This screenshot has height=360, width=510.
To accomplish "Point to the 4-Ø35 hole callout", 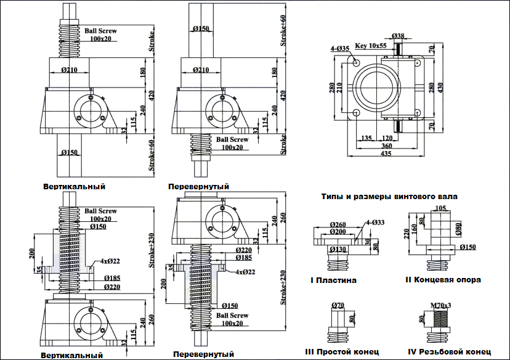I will click(339, 47).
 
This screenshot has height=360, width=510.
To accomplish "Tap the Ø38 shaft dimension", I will click(398, 36).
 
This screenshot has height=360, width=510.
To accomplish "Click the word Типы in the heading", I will click(332, 197).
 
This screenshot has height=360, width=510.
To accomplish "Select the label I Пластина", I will click(333, 280).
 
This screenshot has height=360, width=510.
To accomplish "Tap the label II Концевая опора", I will click(443, 279).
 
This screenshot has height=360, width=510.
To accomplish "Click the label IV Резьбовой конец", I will click(453, 352).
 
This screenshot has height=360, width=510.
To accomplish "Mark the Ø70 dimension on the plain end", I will click(338, 305).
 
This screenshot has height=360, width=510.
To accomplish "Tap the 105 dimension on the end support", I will click(440, 209).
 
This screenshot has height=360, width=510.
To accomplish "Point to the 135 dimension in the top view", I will click(368, 137).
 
